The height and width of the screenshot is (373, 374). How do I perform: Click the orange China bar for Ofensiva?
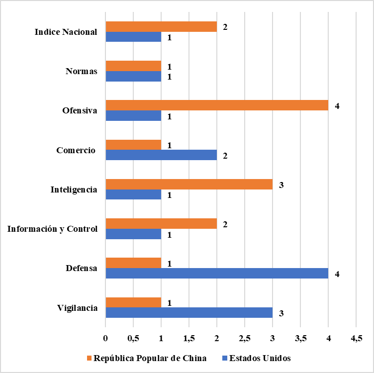[217, 105]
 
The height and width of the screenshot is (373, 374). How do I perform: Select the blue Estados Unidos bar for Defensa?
[217, 274]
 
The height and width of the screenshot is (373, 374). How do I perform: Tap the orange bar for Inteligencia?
[189, 185]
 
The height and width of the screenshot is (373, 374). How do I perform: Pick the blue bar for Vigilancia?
[189, 313]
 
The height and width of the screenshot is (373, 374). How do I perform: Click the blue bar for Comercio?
[161, 155]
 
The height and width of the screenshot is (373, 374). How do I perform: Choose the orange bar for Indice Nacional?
[161, 27]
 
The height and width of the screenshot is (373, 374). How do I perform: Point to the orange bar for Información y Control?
[161, 224]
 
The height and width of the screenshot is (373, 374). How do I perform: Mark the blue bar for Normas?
[133, 76]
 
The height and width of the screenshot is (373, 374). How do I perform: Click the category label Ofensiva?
[80, 110]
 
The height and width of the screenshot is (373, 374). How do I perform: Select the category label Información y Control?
[53, 229]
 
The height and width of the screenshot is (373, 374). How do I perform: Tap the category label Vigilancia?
[77, 308]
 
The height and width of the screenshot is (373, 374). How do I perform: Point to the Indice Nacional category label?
[66, 32]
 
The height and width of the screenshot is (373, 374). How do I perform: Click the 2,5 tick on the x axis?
[245, 339]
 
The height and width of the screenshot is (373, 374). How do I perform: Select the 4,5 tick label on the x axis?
[356, 339]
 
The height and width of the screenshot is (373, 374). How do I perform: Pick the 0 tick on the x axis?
[105, 339]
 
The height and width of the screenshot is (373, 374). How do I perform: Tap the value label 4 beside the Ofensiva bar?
[337, 106]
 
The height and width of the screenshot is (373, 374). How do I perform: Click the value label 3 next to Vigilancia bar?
[281, 313]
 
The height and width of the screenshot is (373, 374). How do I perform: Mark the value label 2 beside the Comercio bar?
[225, 156]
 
